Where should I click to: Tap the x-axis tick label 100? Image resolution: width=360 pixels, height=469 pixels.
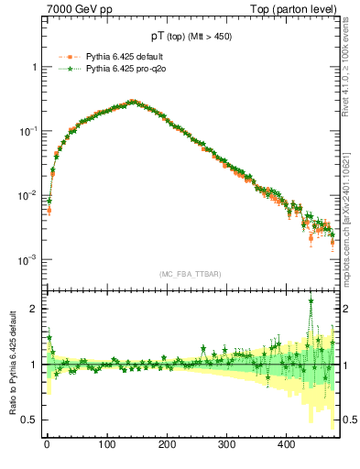(x=106, y=443)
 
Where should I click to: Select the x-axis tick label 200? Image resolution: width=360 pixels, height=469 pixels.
(x=167, y=443)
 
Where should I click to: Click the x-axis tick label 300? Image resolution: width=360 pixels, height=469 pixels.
(x=227, y=443)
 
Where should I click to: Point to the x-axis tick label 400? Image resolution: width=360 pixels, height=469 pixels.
(x=288, y=443)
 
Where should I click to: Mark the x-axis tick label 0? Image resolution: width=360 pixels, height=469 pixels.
(x=47, y=443)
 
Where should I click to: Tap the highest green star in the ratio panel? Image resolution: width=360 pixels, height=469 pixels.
(x=311, y=300)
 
